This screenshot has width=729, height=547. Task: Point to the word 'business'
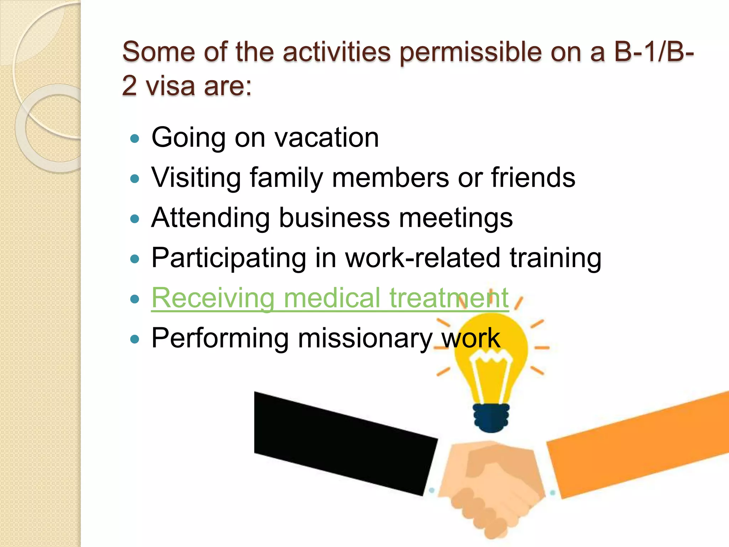(334, 218)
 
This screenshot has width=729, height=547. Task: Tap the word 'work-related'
(423, 258)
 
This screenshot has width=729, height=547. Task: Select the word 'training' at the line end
(555, 259)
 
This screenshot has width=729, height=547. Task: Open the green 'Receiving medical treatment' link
(330, 298)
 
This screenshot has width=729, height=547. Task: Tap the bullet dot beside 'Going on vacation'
(135, 139)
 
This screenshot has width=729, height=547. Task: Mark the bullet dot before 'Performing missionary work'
(135, 339)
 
